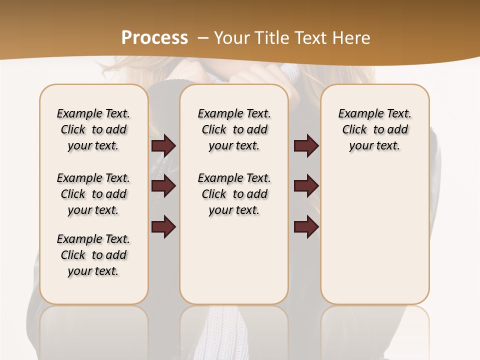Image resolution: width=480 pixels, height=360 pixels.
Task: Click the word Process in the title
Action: (x=154, y=37)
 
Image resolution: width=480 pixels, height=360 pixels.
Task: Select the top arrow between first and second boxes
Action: (x=163, y=146)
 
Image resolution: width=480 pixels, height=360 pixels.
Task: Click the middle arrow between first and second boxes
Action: (x=163, y=186)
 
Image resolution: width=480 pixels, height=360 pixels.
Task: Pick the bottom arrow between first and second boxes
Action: (x=163, y=226)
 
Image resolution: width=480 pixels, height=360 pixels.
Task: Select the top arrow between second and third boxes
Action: (x=306, y=146)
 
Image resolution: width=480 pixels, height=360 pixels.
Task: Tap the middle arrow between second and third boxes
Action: (x=306, y=186)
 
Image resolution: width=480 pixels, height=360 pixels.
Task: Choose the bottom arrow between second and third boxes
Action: (x=306, y=226)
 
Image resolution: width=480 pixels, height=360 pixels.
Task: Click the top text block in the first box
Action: (x=93, y=129)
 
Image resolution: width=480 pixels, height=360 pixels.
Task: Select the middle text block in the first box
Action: (x=93, y=194)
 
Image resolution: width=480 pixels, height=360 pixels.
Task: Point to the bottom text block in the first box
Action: (x=93, y=255)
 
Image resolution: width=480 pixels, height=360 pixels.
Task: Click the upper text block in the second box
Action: (x=234, y=129)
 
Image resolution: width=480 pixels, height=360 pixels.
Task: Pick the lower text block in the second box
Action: (x=234, y=194)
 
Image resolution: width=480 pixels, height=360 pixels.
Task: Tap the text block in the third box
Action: (x=374, y=129)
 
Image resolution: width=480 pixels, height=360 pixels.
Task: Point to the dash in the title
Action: (x=202, y=37)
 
